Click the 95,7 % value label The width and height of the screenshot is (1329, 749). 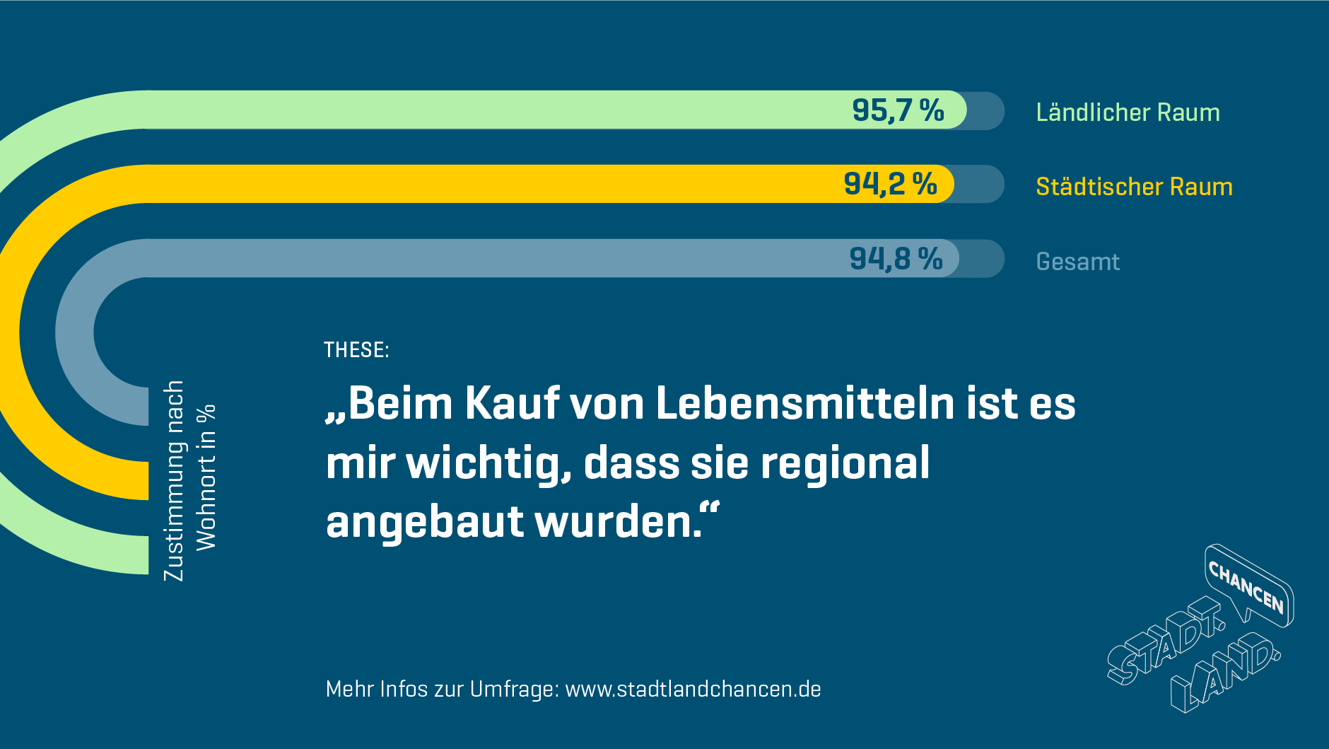898,110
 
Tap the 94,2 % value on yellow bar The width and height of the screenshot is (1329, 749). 890,184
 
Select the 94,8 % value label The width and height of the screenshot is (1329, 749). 896,259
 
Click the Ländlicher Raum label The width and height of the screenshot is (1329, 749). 1128,112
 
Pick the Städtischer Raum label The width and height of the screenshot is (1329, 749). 1134,187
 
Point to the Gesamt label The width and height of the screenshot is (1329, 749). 1077,262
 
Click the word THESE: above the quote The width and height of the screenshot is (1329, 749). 356,349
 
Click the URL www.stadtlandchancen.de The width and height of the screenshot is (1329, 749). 693,689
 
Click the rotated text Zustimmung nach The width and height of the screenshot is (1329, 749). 173,481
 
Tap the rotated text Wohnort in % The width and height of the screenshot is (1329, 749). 206,477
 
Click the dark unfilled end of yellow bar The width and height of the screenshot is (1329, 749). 979,184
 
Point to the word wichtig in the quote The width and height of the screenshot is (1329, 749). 488,464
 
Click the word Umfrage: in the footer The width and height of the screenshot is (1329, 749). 514,689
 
